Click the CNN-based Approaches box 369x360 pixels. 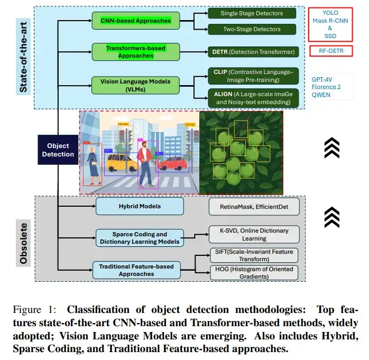(136, 21)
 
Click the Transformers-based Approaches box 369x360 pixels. (130, 51)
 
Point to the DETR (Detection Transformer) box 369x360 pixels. (253, 52)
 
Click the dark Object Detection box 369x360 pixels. (58, 150)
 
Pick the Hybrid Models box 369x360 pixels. (140, 206)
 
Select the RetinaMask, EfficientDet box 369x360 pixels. (254, 206)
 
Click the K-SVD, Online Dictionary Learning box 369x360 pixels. (254, 234)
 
